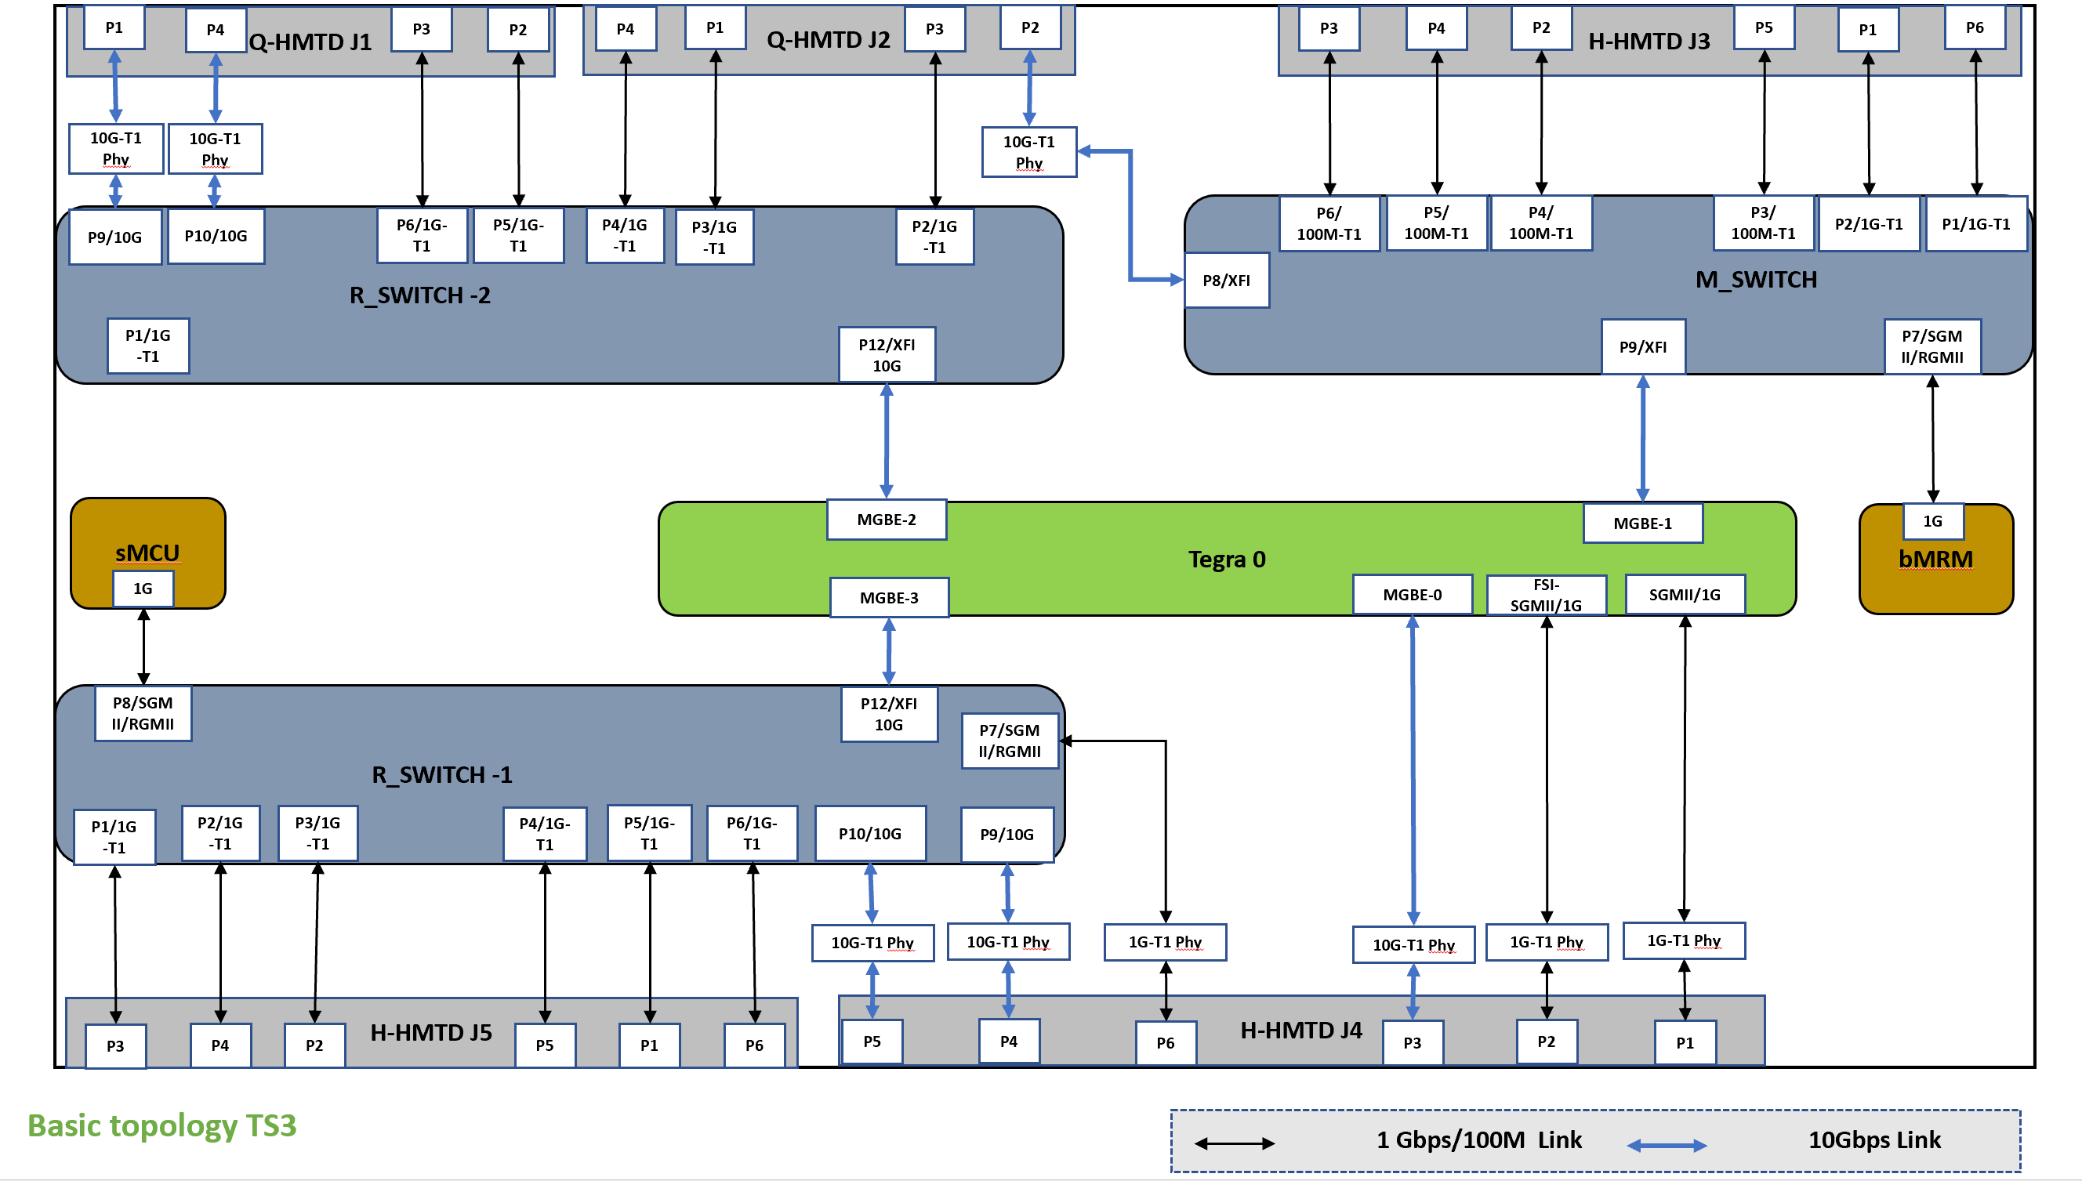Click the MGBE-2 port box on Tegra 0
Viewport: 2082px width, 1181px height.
click(x=886, y=519)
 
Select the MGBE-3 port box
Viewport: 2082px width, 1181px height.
click(x=888, y=598)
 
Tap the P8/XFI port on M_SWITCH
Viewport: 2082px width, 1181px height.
click(x=1226, y=281)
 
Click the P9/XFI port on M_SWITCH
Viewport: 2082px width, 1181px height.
click(x=1643, y=347)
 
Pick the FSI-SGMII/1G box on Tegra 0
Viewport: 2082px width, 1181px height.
click(x=1546, y=596)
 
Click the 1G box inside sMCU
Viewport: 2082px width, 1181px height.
click(x=143, y=589)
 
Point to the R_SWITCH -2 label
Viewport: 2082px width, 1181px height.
click(x=419, y=295)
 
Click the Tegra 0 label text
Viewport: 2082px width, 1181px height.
click(x=1226, y=560)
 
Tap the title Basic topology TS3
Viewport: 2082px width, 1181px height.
click(x=162, y=1126)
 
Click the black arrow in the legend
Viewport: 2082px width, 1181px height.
click(x=1234, y=1143)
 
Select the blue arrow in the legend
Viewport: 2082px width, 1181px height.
click(x=1667, y=1145)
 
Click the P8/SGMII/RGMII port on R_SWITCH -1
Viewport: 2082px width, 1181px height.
click(x=143, y=714)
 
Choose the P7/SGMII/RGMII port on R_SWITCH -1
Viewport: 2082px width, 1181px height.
click(x=1010, y=741)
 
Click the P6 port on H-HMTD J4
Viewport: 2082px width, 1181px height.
click(x=1165, y=1043)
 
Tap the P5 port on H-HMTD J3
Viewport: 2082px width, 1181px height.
click(x=1763, y=28)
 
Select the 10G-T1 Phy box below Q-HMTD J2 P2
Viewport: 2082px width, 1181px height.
click(x=1028, y=153)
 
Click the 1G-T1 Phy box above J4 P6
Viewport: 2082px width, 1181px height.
click(x=1165, y=942)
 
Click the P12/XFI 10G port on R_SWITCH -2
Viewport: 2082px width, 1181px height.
click(x=887, y=355)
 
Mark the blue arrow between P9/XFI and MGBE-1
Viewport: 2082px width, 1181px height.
click(x=1643, y=439)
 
